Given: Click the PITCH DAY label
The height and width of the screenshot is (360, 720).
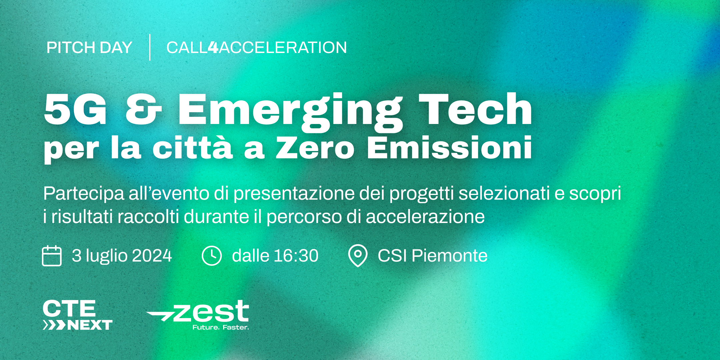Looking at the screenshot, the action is [x=89, y=47].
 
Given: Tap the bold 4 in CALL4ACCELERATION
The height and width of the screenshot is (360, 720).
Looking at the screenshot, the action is [x=213, y=47].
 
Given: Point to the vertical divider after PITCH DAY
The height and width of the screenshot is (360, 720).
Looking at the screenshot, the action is [x=150, y=47].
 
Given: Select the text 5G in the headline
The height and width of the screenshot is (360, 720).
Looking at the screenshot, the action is [x=75, y=109].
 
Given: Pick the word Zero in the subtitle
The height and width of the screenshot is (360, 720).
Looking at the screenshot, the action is [x=315, y=148].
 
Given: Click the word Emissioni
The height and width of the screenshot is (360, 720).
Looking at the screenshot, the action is [x=450, y=147].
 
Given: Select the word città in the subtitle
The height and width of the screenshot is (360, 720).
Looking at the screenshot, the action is [x=192, y=147].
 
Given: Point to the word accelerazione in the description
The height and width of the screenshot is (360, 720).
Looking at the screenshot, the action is [x=425, y=217].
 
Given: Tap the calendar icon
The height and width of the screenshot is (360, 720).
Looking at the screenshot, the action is [x=52, y=256].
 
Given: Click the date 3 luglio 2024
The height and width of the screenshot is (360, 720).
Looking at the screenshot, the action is [x=122, y=256].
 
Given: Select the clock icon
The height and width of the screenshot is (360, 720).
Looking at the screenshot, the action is [x=212, y=256].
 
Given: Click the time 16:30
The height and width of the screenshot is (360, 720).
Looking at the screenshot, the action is [x=296, y=256].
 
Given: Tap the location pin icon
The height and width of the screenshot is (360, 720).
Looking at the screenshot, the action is [x=358, y=256].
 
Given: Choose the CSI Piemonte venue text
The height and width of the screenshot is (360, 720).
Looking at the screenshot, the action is [x=432, y=256].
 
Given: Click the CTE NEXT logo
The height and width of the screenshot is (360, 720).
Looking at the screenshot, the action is [x=77, y=315].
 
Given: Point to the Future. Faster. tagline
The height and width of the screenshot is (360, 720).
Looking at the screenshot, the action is [x=221, y=327].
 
